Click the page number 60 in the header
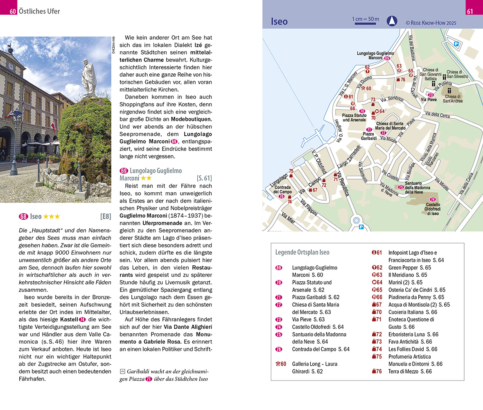point(13,11)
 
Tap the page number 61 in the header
point(470,11)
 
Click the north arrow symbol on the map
point(392,20)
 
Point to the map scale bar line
point(365,24)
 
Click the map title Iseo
point(280,21)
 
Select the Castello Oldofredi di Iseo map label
point(433,209)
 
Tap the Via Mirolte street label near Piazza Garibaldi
point(388,139)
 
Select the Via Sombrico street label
point(392,100)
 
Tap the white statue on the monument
point(88,76)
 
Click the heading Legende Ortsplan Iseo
point(302,252)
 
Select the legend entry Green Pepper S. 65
point(409,268)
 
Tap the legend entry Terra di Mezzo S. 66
point(410,371)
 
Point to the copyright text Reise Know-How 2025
point(431,23)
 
